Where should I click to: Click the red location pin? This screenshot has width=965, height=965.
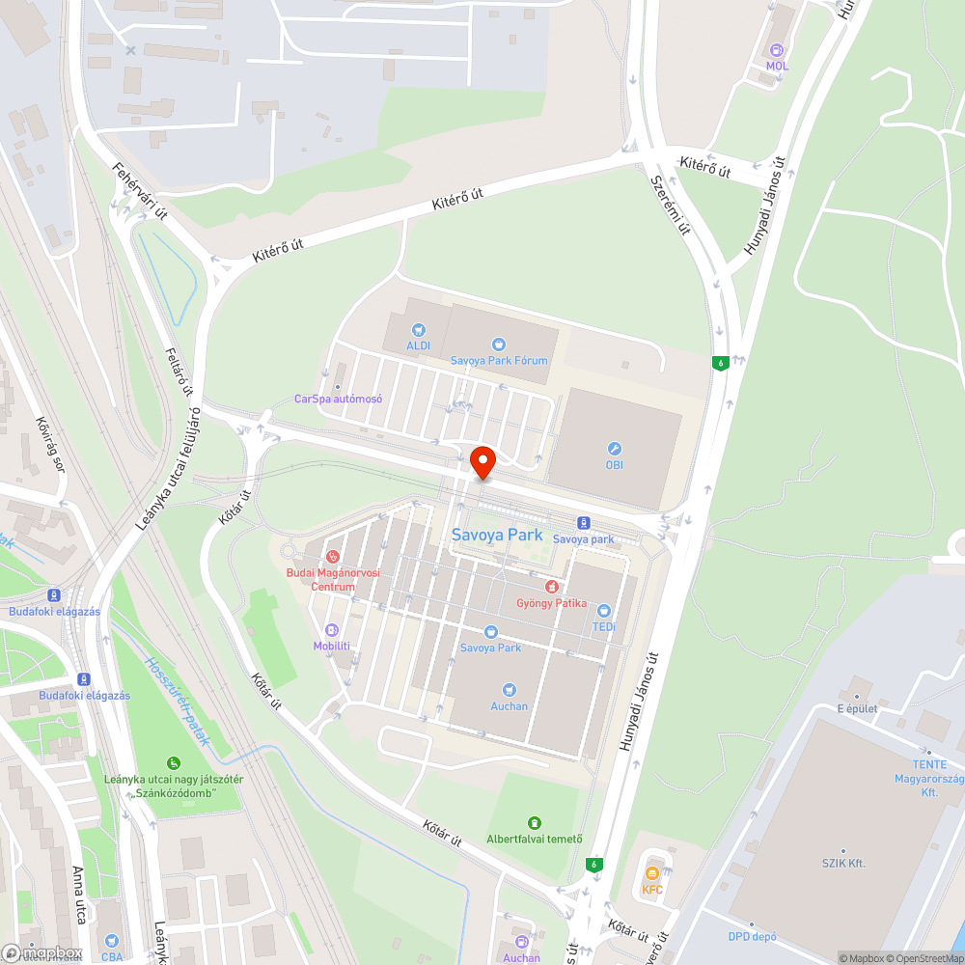pyautogui.click(x=482, y=462)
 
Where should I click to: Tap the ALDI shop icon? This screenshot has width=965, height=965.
pyautogui.click(x=418, y=330)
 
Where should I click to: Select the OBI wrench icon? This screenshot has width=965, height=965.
pyautogui.click(x=614, y=449)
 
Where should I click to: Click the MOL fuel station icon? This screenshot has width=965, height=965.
pyautogui.click(x=777, y=50)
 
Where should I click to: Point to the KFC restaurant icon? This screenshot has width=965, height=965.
pyautogui.click(x=653, y=873)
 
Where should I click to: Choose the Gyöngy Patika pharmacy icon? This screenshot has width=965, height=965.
pyautogui.click(x=551, y=586)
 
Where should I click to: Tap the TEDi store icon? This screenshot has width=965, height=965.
pyautogui.click(x=604, y=610)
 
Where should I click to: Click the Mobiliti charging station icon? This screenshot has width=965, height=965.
pyautogui.click(x=332, y=629)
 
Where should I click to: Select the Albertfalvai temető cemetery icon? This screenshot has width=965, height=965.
pyautogui.click(x=534, y=822)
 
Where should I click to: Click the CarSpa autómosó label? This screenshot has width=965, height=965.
pyautogui.click(x=339, y=399)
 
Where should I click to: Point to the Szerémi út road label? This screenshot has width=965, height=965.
pyautogui.click(x=670, y=206)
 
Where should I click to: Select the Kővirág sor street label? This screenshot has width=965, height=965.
pyautogui.click(x=50, y=447)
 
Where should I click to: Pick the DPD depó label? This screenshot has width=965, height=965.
pyautogui.click(x=754, y=936)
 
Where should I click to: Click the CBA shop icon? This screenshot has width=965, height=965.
pyautogui.click(x=112, y=939)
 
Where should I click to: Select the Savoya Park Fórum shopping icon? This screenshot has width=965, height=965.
pyautogui.click(x=498, y=344)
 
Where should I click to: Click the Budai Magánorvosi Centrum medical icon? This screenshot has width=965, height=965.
pyautogui.click(x=333, y=556)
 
